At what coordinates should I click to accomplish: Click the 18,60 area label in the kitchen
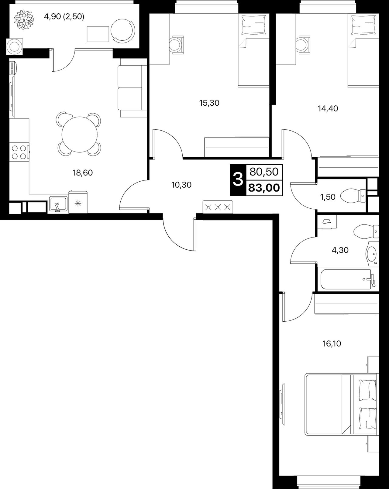click(83, 173)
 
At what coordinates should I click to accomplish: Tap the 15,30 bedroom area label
click(209, 103)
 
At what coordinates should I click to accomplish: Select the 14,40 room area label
click(328, 109)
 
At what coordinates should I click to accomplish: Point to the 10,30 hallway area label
click(181, 185)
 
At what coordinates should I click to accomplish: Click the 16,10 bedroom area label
click(332, 350)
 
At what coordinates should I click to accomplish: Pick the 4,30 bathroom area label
click(340, 250)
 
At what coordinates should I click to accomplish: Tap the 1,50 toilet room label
click(328, 197)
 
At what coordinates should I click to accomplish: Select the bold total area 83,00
click(264, 188)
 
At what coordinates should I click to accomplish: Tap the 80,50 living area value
click(264, 172)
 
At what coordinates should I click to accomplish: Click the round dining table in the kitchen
click(80, 134)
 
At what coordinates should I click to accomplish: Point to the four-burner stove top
click(19, 152)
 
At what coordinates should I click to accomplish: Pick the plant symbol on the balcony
click(24, 19)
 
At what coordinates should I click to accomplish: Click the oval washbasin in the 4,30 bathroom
click(372, 253)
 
